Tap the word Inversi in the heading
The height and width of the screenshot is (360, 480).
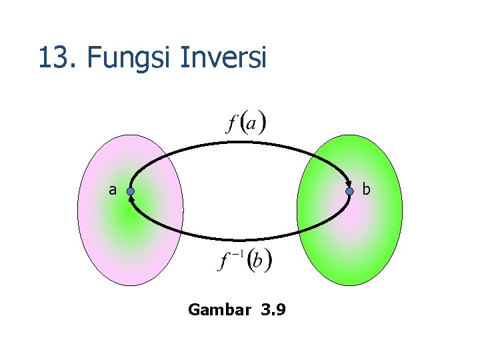(223, 58)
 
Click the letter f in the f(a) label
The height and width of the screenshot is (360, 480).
(233, 123)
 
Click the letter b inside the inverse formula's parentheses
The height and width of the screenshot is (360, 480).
(257, 261)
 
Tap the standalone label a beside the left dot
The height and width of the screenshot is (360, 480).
(113, 190)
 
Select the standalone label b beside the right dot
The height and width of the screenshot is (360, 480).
(366, 190)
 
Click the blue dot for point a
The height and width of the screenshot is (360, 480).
(131, 192)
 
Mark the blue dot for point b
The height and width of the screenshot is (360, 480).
(349, 192)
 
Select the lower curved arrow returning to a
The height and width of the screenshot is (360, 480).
(240, 239)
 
